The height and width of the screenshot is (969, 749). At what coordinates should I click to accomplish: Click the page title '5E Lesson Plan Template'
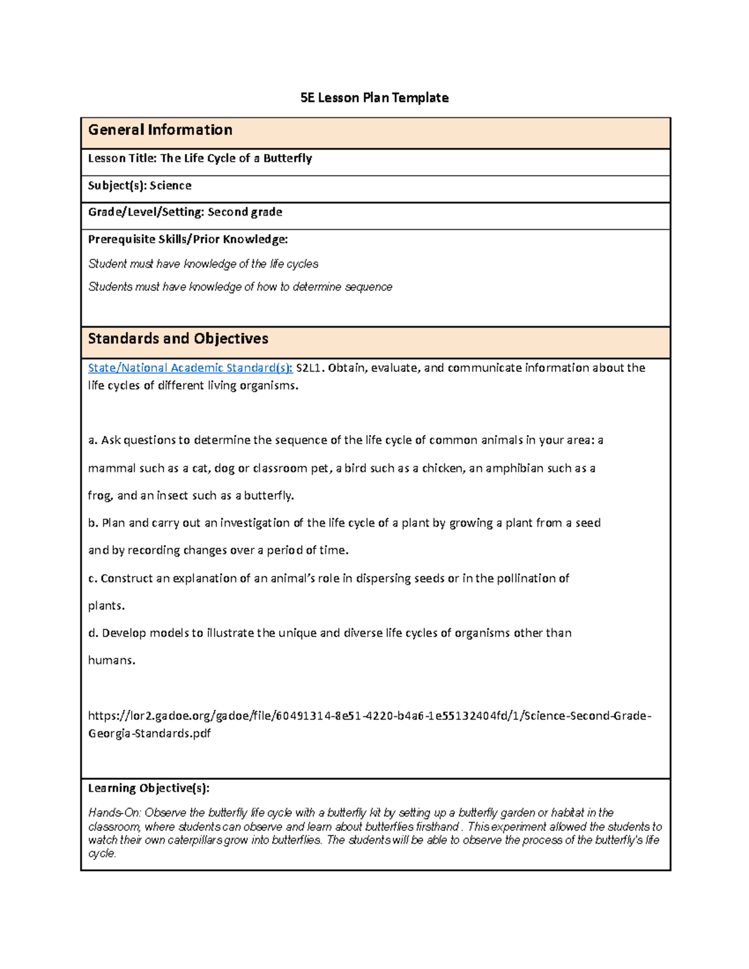pos(374,98)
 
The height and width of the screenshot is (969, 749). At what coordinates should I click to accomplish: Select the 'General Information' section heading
pos(160,130)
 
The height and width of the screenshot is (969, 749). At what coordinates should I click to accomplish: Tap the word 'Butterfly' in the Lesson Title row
pos(287,158)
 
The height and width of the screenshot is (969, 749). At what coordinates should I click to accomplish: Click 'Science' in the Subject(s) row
pos(170,186)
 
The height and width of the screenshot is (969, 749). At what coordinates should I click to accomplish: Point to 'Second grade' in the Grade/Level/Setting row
pos(245,212)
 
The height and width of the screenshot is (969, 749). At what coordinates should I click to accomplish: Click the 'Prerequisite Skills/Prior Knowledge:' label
pos(188,240)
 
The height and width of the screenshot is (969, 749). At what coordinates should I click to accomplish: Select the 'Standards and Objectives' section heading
pos(178,339)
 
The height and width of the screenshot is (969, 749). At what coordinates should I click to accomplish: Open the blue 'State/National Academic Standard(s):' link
pos(190,368)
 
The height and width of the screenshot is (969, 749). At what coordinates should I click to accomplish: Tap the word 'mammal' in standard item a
pos(109,469)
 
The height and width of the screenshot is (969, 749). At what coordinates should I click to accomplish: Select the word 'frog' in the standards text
pos(99,496)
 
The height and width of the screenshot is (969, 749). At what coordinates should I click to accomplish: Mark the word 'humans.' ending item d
pos(111,661)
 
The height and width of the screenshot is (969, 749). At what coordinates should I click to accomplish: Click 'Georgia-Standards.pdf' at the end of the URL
pos(149,734)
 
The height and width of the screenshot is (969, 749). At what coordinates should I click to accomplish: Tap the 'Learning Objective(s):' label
pos(149,789)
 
